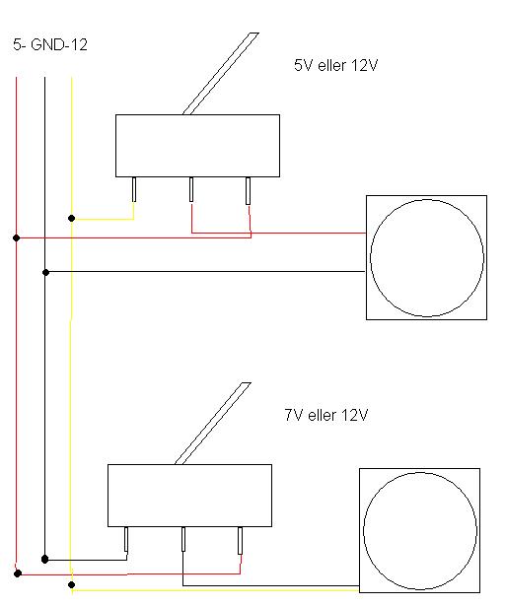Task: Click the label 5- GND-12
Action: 50,44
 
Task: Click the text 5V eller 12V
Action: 335,65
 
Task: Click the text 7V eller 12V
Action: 325,415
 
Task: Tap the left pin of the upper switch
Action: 134,189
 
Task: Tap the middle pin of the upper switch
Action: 191,189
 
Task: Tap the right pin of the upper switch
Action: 248,190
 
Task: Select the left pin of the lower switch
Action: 126,540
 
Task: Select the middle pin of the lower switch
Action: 183,539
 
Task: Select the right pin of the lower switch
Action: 240,540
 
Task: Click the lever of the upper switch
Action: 221,74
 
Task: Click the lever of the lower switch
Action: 213,424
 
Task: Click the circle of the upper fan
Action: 370,258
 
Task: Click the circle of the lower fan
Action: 363,531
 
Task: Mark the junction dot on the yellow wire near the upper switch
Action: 72,219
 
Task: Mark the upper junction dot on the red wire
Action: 16,237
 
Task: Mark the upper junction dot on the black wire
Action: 45,273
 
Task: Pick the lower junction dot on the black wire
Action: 45,559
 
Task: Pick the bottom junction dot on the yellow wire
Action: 72,584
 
